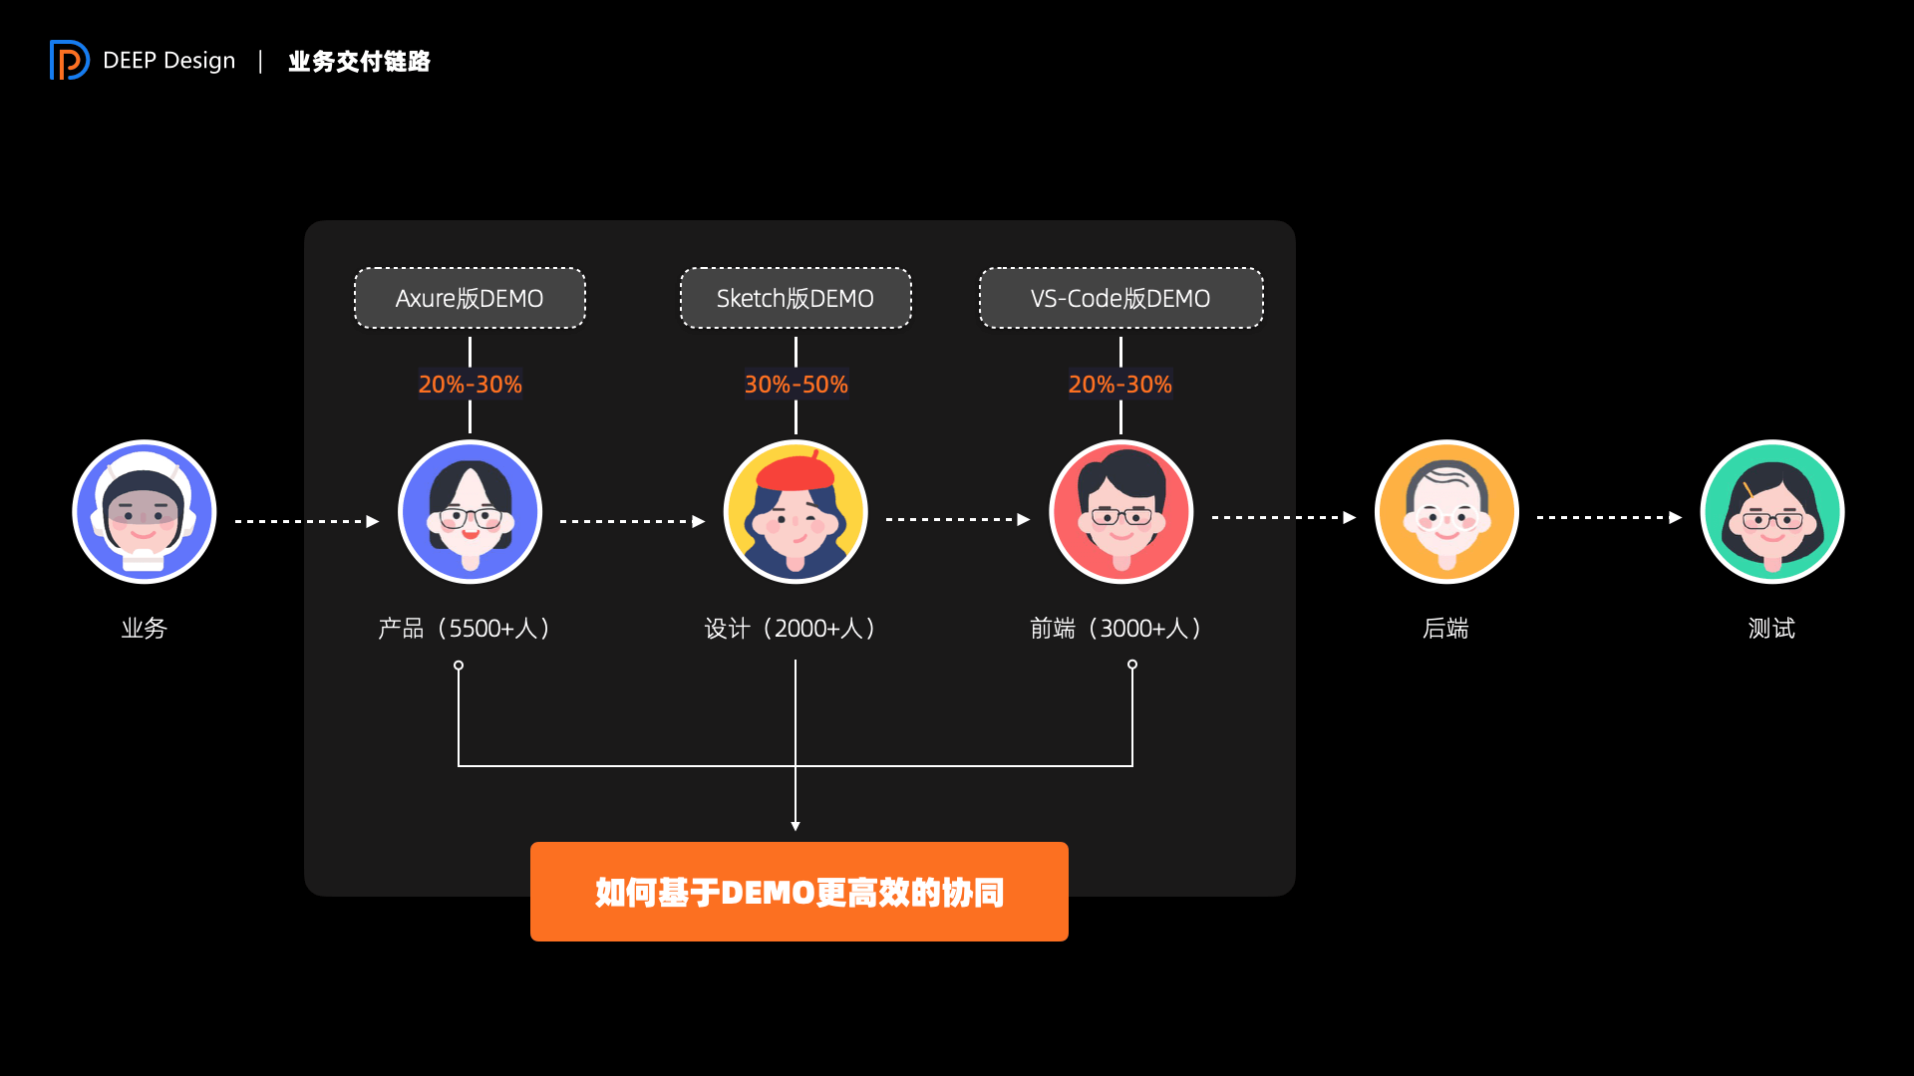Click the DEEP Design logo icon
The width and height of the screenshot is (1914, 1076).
69,60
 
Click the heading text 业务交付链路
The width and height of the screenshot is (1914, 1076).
359,62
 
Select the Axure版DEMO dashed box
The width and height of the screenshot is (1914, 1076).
470,298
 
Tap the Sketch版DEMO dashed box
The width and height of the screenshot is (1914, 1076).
796,298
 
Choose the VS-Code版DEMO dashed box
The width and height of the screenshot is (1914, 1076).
1120,298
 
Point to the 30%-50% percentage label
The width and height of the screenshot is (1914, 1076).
796,385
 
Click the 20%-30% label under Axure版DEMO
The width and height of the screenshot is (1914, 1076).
470,385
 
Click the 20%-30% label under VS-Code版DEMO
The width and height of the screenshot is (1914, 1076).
1120,385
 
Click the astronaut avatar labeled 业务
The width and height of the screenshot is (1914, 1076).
145,512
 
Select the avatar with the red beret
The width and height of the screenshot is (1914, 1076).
796,512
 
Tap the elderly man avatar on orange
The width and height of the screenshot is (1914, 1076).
1446,512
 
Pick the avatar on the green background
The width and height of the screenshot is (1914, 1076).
1772,512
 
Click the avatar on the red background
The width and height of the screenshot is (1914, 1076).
1120,512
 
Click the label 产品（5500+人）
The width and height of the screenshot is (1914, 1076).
465,629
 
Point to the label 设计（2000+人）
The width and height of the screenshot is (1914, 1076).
791,629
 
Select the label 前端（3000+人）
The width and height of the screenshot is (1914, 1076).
1116,629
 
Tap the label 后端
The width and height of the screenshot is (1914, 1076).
1445,629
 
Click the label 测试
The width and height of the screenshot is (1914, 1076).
1771,629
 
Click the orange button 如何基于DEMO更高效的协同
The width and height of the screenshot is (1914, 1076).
798,892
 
